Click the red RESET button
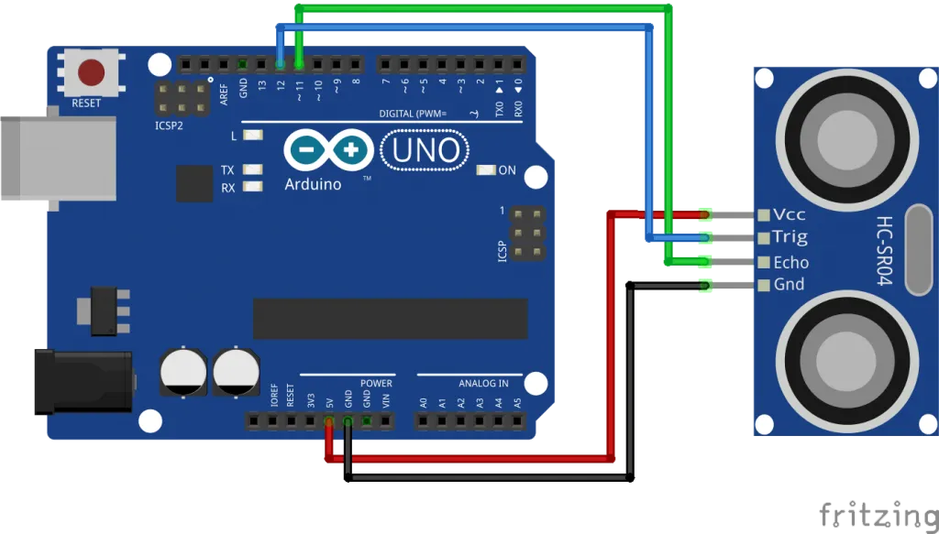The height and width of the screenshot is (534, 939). tap(91, 71)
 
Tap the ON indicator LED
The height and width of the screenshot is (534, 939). tap(485, 170)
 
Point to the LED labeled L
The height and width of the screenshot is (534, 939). tap(252, 136)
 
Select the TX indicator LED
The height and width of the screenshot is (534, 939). tap(252, 170)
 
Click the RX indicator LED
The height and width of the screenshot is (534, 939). tap(252, 187)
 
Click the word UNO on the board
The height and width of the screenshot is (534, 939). tap(425, 150)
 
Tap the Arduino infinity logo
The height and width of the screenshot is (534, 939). tap(328, 150)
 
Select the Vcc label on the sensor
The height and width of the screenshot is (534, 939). tap(789, 214)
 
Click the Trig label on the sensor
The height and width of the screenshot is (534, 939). tap(790, 237)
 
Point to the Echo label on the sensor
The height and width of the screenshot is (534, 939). tap(790, 262)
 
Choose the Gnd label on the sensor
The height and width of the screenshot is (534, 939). tap(789, 284)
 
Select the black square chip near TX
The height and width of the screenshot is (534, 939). tap(194, 183)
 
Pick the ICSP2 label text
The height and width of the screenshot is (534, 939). tap(169, 125)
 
